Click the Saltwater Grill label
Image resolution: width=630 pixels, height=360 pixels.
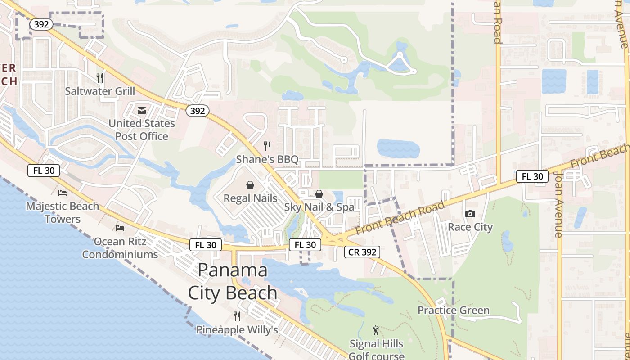[100, 91]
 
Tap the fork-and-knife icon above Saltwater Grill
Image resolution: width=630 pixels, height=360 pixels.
[100, 78]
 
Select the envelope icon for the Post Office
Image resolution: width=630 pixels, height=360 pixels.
[142, 110]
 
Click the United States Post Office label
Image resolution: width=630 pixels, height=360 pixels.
[142, 130]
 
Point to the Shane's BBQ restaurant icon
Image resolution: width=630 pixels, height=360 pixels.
[267, 146]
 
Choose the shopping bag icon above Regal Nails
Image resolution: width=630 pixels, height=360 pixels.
[250, 185]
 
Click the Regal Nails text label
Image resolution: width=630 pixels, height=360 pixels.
[250, 198]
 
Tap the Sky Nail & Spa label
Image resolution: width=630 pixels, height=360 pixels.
[319, 207]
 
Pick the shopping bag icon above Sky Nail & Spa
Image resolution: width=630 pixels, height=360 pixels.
[319, 194]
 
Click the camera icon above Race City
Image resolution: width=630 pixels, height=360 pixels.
[470, 214]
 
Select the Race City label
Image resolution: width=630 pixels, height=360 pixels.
[470, 227]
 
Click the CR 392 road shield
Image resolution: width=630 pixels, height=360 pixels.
[363, 252]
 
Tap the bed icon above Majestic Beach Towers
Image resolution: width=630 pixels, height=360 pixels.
[63, 193]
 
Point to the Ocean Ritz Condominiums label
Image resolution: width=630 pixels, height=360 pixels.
[120, 248]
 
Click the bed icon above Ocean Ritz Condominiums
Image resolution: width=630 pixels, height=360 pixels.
[120, 228]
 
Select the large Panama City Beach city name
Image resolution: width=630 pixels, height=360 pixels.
[233, 281]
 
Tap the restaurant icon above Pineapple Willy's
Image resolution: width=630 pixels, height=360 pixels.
[237, 316]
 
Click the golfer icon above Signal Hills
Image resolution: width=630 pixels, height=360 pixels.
[376, 331]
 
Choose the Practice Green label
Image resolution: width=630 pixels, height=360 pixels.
[453, 310]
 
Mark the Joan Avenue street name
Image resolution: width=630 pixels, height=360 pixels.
[558, 205]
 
